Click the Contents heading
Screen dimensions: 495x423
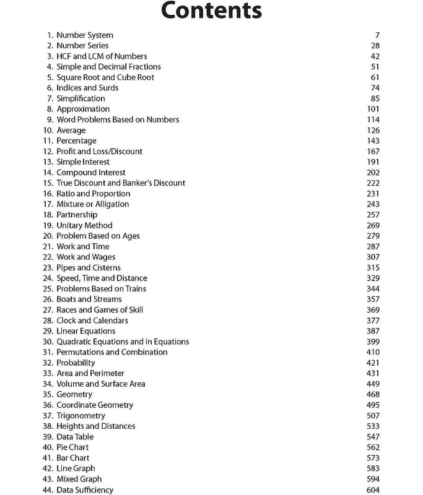tap(211, 11)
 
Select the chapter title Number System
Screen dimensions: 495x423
tap(85, 35)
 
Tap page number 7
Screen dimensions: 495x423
tap(377, 35)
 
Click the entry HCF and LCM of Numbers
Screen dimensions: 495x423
tap(102, 56)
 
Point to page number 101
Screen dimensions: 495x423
tap(373, 109)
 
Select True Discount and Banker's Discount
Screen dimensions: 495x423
tap(121, 183)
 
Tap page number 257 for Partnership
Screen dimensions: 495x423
tap(373, 215)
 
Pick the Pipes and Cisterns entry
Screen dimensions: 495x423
tap(89, 267)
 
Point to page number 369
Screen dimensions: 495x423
tap(373, 309)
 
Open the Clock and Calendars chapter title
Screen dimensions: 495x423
tap(92, 321)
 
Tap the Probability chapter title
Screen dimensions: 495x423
tap(76, 363)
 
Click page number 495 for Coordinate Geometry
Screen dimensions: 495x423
tap(373, 405)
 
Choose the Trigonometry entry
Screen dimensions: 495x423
tap(81, 416)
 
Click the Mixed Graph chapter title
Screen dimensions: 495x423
tap(79, 479)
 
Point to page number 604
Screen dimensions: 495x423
tap(373, 489)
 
